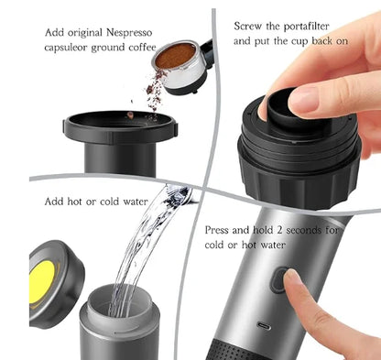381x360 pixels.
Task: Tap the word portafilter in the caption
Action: [306, 27]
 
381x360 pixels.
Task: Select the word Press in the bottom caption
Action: [217, 230]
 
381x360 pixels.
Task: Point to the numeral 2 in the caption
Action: [279, 230]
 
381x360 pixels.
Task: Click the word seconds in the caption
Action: [303, 230]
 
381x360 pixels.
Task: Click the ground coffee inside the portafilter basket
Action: [175, 56]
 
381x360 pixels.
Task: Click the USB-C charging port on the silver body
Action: [264, 326]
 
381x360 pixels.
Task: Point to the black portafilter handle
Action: [207, 52]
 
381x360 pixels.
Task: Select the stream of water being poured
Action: [144, 245]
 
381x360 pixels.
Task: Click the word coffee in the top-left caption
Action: [142, 48]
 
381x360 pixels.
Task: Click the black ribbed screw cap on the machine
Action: [299, 177]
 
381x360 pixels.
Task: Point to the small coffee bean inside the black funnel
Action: [130, 115]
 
